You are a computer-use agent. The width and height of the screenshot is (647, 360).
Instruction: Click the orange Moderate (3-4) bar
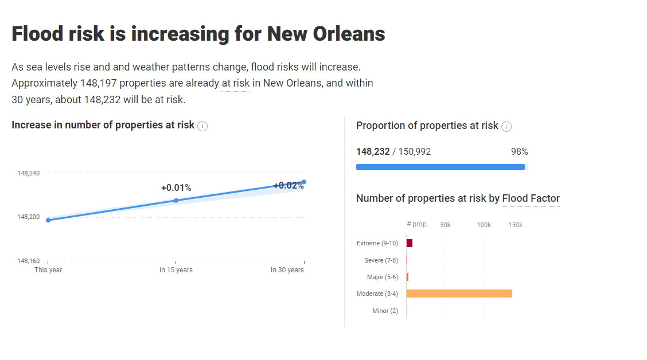459,294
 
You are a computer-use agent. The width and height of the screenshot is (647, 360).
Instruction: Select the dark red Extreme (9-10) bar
410,243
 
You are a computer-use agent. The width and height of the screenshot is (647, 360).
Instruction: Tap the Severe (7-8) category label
381,260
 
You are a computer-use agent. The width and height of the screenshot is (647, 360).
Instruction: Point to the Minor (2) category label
385,311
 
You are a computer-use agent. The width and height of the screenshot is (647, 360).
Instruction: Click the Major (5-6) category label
382,277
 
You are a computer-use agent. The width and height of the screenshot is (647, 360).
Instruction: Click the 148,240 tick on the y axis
29,173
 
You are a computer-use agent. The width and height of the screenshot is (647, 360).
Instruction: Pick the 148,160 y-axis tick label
29,261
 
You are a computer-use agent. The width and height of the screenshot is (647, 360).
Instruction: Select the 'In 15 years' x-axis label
176,270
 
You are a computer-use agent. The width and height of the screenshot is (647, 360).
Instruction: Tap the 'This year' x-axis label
48,270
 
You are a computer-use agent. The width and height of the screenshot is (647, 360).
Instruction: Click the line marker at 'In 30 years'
304,182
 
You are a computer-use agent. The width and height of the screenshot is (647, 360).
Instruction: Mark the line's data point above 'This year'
48,220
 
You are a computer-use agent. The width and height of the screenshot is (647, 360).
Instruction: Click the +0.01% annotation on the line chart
176,188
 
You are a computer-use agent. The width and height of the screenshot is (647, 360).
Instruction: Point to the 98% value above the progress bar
519,152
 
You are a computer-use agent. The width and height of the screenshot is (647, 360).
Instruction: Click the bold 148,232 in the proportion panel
373,152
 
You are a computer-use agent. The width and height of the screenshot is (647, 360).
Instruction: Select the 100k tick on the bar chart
484,225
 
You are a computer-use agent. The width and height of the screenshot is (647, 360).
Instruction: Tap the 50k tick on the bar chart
445,225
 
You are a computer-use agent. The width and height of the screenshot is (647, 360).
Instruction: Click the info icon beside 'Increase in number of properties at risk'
202,126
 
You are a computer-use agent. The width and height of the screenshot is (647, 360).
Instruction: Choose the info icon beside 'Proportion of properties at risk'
506,127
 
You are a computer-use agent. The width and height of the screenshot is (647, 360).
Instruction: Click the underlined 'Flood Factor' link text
531,198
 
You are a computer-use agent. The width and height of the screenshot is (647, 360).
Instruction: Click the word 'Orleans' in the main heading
349,34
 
